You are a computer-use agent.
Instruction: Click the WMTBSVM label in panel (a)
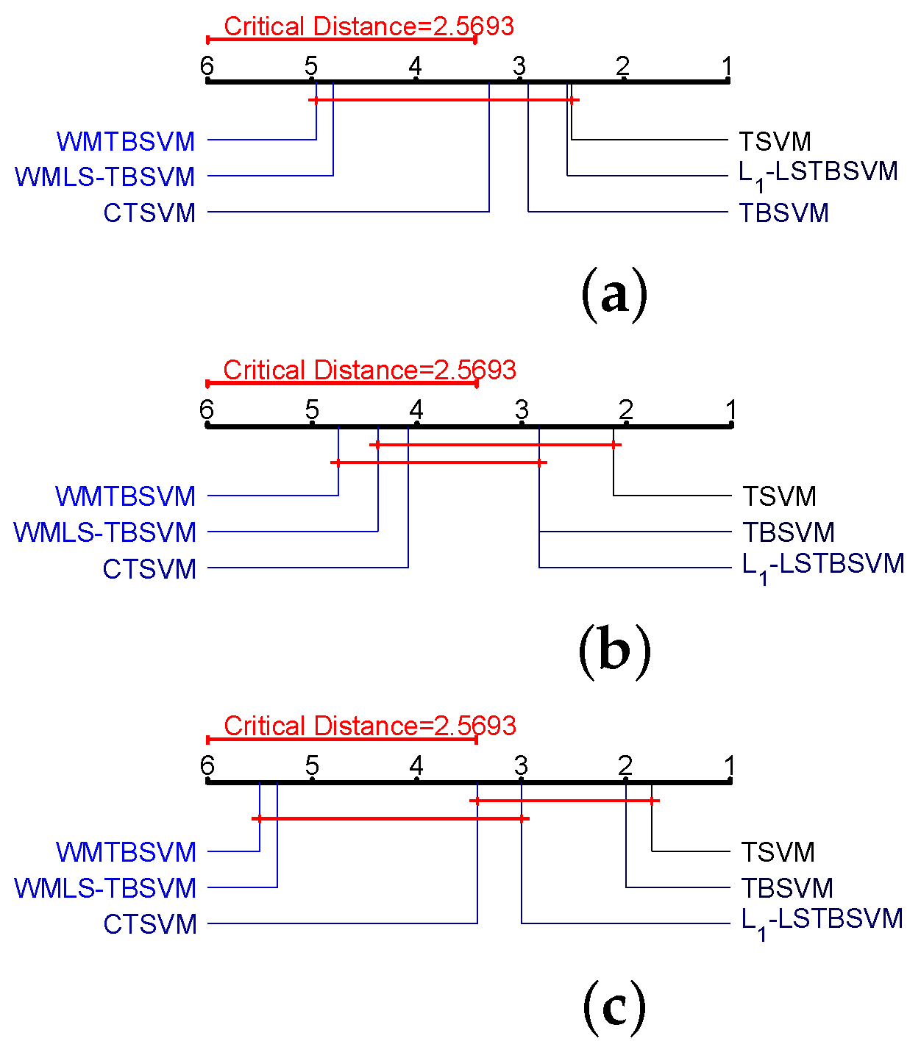click(126, 141)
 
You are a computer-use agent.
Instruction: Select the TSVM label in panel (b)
click(779, 496)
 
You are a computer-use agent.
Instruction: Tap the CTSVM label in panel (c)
click(150, 924)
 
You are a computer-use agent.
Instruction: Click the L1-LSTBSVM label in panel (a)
click(818, 173)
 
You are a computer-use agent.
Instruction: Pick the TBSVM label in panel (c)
click(787, 888)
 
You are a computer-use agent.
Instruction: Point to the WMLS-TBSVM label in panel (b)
click(105, 532)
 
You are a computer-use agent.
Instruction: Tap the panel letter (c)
click(614, 1007)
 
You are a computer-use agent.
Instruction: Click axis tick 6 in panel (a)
click(207, 66)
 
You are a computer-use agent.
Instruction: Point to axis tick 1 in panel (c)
click(730, 766)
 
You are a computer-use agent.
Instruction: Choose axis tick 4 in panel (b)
click(417, 410)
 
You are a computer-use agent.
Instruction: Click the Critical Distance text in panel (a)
click(369, 26)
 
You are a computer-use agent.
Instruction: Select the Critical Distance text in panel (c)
click(369, 726)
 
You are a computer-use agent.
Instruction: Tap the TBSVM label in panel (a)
click(783, 213)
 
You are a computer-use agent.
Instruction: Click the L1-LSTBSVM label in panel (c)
click(822, 921)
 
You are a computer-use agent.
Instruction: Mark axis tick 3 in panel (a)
click(519, 66)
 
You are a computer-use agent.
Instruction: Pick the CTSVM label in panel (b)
click(150, 569)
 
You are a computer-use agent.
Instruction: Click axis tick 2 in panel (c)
click(625, 766)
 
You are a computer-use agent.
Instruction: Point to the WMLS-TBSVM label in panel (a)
click(105, 177)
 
